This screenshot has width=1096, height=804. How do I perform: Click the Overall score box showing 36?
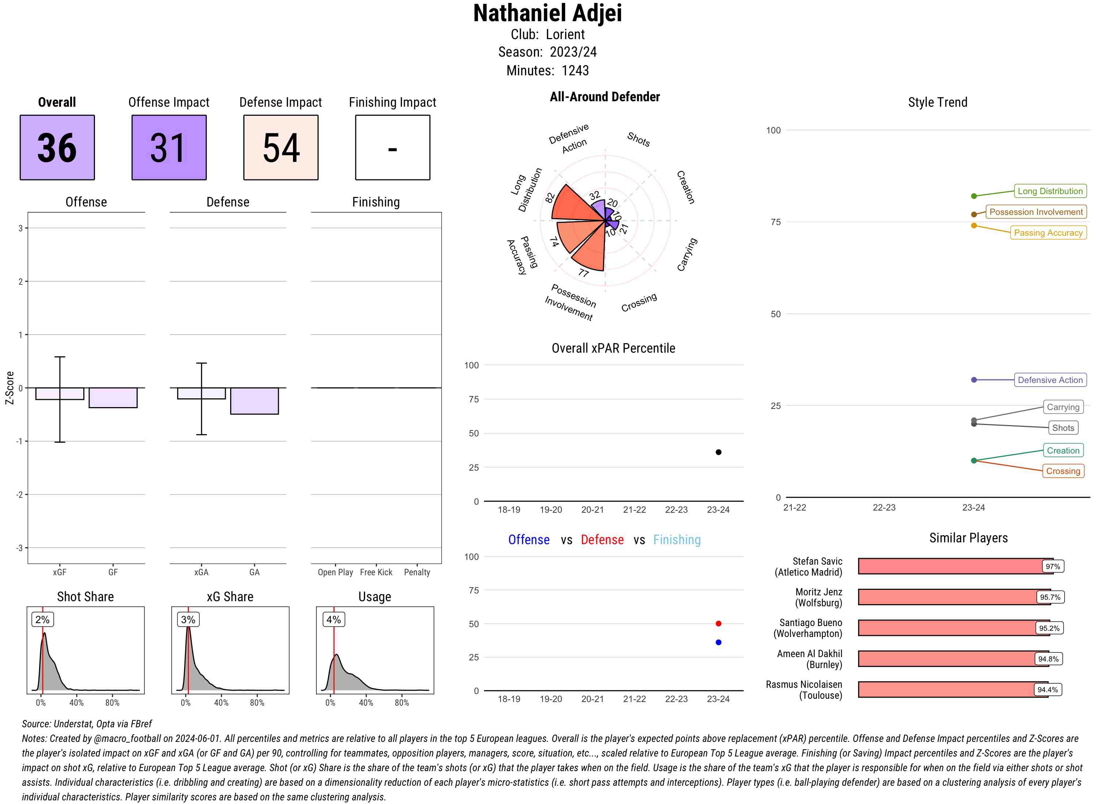click(x=57, y=148)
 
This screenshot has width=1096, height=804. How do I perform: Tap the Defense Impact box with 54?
click(x=281, y=148)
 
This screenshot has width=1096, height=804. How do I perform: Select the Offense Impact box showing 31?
click(x=169, y=148)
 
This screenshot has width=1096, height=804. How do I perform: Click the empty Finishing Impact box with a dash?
click(x=393, y=148)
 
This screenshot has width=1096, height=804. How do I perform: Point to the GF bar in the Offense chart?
click(x=113, y=398)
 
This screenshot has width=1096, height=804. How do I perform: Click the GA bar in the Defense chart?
click(x=254, y=401)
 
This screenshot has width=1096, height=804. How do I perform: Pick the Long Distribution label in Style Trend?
click(x=1050, y=191)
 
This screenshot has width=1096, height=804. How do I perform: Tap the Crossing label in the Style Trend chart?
click(x=1062, y=471)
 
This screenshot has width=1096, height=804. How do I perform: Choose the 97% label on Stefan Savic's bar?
click(x=1052, y=566)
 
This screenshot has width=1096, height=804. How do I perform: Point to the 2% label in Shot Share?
click(x=42, y=619)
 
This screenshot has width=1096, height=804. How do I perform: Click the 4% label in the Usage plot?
click(x=333, y=619)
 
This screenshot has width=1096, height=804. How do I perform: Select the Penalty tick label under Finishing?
click(x=417, y=572)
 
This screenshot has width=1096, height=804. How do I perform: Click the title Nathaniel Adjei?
click(x=548, y=13)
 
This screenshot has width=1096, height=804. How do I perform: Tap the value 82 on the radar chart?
click(x=550, y=198)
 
